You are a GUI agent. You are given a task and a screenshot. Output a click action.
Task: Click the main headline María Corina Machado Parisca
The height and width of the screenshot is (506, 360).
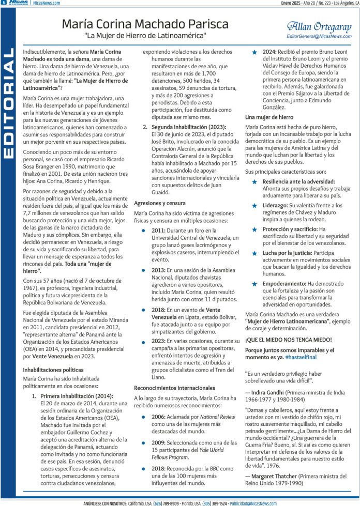pyautogui.click(x=145, y=24)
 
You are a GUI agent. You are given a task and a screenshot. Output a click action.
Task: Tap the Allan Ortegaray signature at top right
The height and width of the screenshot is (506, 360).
pyautogui.click(x=319, y=25)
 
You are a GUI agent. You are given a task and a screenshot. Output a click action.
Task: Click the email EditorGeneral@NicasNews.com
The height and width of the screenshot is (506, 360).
pyautogui.click(x=319, y=36)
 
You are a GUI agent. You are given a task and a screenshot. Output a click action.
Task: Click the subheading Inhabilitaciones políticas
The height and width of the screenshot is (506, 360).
pyautogui.click(x=53, y=370)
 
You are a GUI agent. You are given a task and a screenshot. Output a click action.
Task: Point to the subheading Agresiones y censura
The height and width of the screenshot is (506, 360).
pyautogui.click(x=160, y=203)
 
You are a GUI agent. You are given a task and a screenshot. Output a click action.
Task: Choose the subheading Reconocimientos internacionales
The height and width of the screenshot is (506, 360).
pyautogui.click(x=176, y=388)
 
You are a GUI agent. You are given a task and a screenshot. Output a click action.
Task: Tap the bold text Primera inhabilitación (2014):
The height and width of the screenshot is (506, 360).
pyautogui.click(x=76, y=396)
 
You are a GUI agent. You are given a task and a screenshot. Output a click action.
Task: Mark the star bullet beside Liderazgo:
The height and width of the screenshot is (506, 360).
pyautogui.click(x=254, y=205)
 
